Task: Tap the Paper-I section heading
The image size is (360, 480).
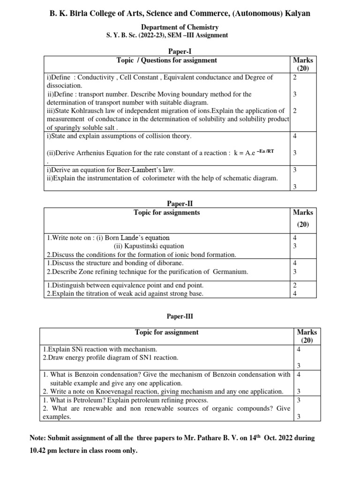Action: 180,51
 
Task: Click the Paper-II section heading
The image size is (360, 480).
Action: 180,203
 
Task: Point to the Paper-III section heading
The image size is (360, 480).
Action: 180,316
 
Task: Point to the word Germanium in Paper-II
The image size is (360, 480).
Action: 230,271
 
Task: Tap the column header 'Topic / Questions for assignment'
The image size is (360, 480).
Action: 166,60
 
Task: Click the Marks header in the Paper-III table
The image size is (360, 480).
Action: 307,332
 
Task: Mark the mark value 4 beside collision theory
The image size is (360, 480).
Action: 294,136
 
